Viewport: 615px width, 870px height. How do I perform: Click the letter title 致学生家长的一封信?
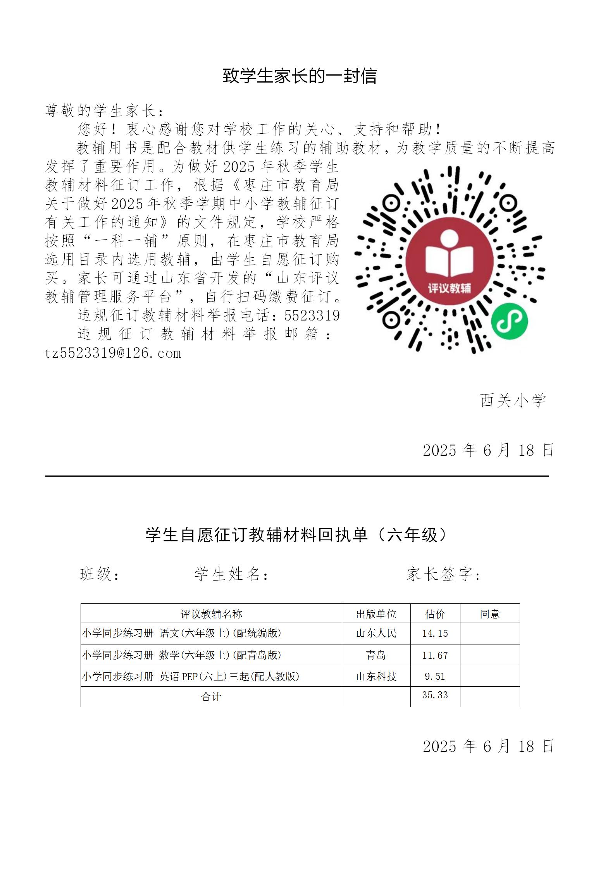tap(300, 76)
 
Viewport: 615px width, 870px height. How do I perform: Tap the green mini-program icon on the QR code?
tap(509, 321)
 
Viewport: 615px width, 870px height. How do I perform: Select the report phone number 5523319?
tap(312, 316)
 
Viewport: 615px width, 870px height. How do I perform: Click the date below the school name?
tap(488, 450)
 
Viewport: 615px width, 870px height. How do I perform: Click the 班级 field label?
tap(99, 574)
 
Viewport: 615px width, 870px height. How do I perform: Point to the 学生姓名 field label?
tap(231, 574)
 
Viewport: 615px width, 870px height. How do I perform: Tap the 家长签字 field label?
tap(443, 574)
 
